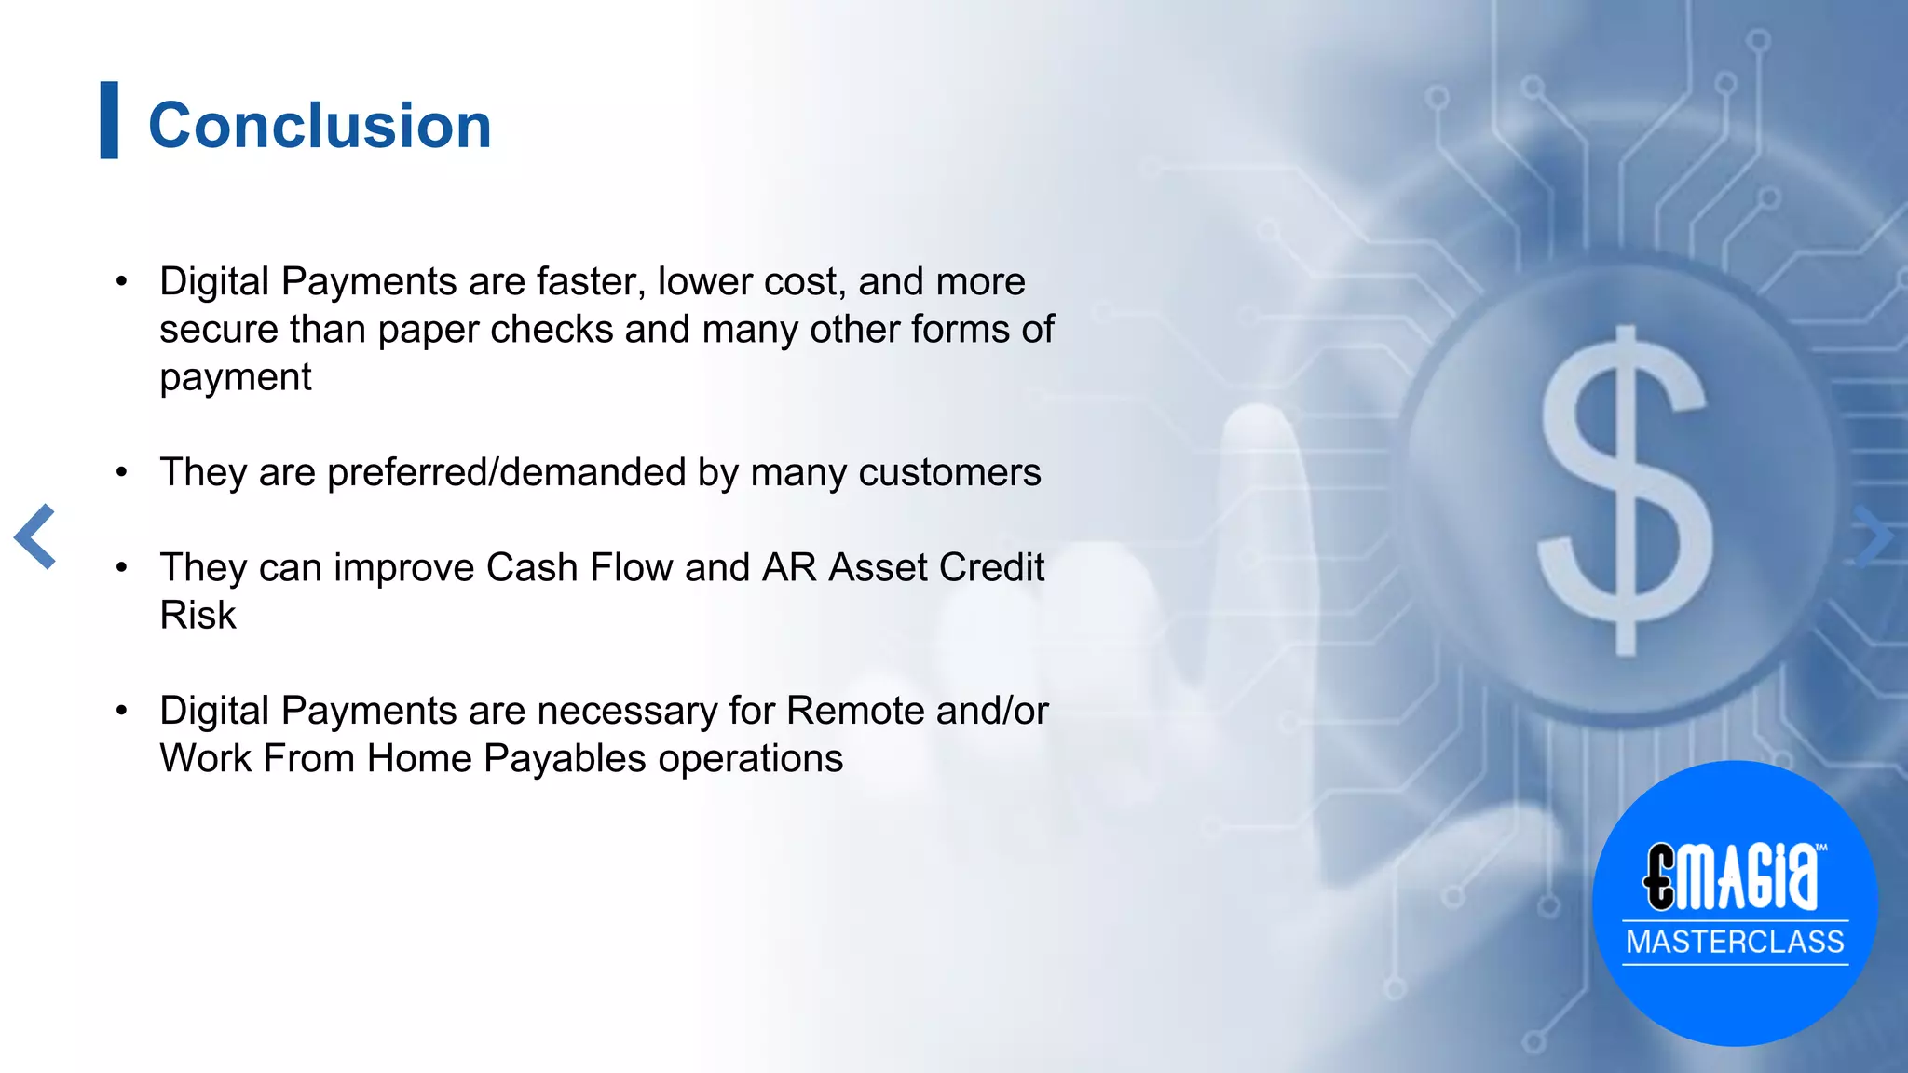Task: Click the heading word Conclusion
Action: tap(320, 126)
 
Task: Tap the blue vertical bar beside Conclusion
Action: tap(109, 120)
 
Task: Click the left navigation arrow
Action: tap(35, 536)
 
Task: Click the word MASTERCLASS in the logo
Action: tap(1735, 942)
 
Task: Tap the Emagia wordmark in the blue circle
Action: tap(1731, 876)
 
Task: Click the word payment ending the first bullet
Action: tap(236, 377)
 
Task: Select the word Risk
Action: tap(198, 616)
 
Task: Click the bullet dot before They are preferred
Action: tap(121, 472)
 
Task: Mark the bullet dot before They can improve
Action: tap(121, 567)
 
